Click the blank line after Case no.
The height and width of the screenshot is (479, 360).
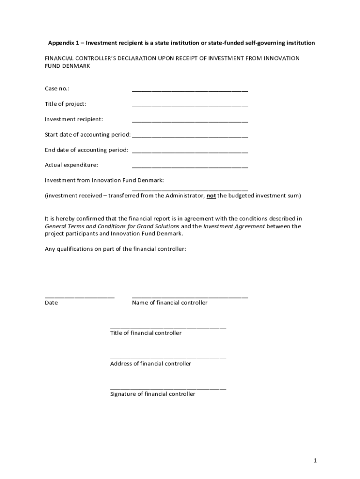tap(190, 91)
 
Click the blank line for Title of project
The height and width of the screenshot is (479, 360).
tap(190, 107)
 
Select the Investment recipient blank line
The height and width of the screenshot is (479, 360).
tap(190, 122)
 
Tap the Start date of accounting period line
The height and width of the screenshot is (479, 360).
tap(190, 137)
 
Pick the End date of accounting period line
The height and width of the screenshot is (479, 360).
tap(190, 152)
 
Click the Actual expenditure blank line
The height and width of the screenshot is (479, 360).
tap(190, 167)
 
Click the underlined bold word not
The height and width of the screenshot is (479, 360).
tap(211, 196)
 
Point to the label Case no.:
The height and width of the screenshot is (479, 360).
tap(57, 89)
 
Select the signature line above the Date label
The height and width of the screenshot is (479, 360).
tap(79, 297)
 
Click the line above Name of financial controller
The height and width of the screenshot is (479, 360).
tap(190, 297)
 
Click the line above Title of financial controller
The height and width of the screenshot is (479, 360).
tap(168, 327)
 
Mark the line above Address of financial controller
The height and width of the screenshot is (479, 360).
tap(168, 358)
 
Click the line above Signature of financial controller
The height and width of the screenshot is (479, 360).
tap(168, 388)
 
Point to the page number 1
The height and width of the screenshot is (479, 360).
tap(315, 461)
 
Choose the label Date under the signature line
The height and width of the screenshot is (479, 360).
tap(51, 303)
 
